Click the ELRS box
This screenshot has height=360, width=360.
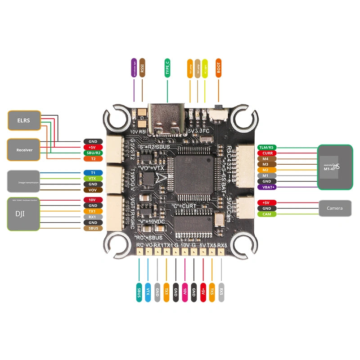[x=24, y=121]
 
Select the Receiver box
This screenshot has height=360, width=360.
[x=24, y=149]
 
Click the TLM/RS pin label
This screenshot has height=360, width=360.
[x=266, y=148]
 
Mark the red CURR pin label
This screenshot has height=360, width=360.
[x=266, y=153]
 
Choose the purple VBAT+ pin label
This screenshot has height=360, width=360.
[x=266, y=187]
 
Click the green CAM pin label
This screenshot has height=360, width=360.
[x=266, y=214]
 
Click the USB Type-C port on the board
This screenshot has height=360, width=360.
[x=167, y=118]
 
